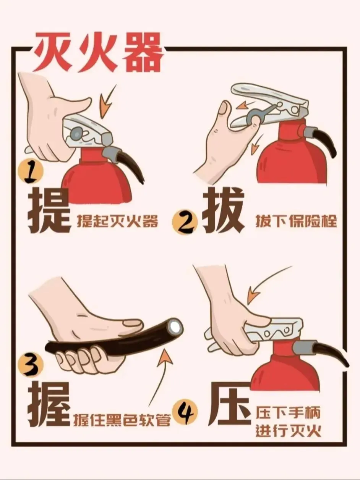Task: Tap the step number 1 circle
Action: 31,171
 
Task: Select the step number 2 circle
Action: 185,222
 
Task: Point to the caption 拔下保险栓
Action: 296,221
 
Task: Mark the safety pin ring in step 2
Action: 253,116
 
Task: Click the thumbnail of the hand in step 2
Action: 224,108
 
